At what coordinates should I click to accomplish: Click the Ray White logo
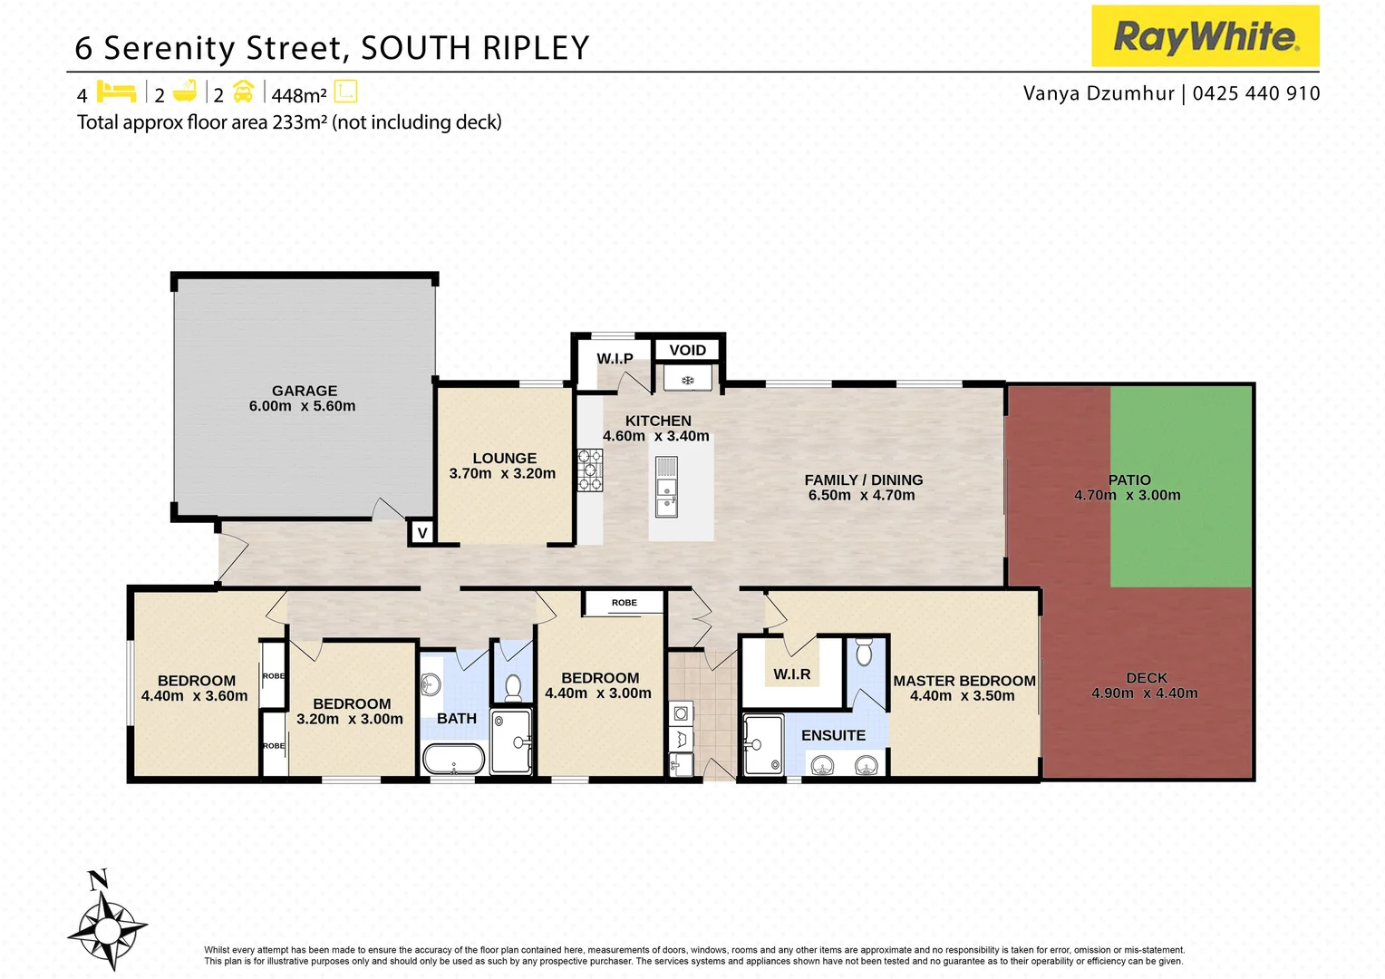click(1205, 36)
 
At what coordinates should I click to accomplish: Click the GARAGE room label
click(305, 391)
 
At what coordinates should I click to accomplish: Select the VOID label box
click(687, 350)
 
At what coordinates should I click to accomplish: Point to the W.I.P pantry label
click(615, 359)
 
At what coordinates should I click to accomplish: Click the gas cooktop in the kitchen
click(590, 470)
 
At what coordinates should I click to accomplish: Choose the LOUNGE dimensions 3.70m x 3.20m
click(502, 473)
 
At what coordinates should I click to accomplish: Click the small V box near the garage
click(421, 533)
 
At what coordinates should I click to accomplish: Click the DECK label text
click(1147, 678)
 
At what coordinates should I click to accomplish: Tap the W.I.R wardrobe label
click(791, 674)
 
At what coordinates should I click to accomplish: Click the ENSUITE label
click(833, 735)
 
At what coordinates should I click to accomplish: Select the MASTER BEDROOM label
click(964, 681)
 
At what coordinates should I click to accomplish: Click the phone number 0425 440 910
click(1256, 93)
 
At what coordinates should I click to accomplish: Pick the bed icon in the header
click(116, 92)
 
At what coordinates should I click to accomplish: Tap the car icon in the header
click(243, 92)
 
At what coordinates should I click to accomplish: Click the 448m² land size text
click(299, 95)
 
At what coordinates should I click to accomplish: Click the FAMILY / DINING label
click(864, 480)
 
